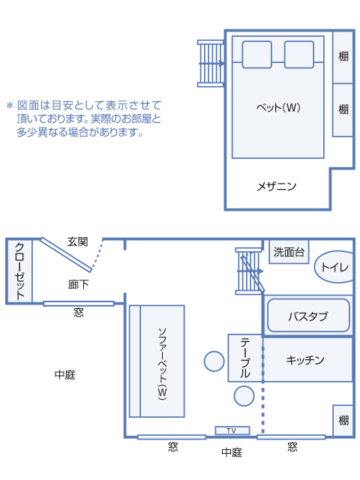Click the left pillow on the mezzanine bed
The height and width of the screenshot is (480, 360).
point(256,55)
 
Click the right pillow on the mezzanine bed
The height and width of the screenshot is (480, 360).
point(299,55)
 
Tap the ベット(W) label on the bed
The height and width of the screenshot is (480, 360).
point(278,107)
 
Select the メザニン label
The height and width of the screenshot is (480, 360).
point(277,186)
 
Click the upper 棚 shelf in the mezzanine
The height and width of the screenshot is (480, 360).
point(343,57)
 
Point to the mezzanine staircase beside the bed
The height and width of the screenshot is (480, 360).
point(211,64)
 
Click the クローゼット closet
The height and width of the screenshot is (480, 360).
point(19,271)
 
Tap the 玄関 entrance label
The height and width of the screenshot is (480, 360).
point(78,241)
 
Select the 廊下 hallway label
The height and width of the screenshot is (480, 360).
point(78,285)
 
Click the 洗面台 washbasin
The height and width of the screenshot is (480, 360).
point(289,252)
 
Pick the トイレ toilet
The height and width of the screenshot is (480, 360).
point(334,267)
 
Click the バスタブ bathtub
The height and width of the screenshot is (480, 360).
point(308,316)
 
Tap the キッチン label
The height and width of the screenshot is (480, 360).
point(305,360)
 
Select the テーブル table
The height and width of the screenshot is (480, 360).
point(245,358)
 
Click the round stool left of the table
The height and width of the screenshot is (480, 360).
point(214,361)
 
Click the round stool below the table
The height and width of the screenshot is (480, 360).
point(244,396)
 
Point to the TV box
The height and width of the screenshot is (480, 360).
point(232,430)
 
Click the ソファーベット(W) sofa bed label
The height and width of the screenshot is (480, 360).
point(162,364)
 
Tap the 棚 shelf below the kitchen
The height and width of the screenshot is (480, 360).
point(343,420)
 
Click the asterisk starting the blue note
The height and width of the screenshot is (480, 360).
point(10,106)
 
